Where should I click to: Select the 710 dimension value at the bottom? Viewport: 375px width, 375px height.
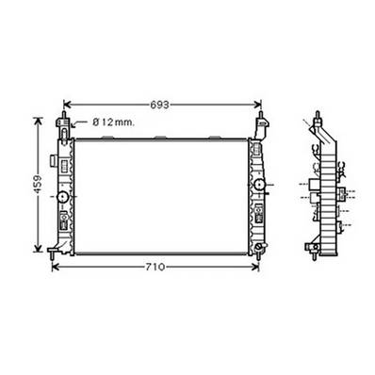[x=155, y=268]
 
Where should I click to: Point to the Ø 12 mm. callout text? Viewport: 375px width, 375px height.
[x=115, y=122]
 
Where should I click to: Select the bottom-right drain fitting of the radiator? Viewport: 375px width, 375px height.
[x=257, y=250]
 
